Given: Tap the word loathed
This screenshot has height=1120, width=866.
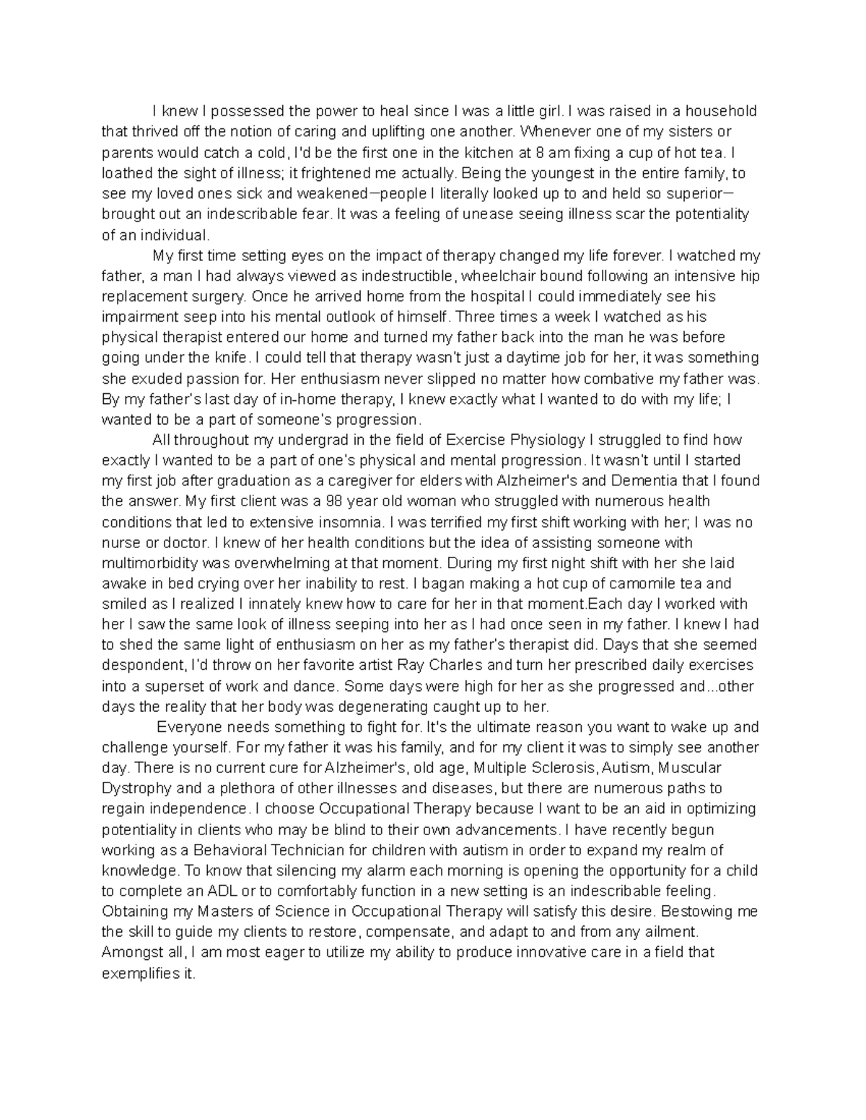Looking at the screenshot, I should [x=126, y=173].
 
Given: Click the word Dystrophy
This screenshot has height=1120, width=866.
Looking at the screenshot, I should [x=133, y=788].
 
